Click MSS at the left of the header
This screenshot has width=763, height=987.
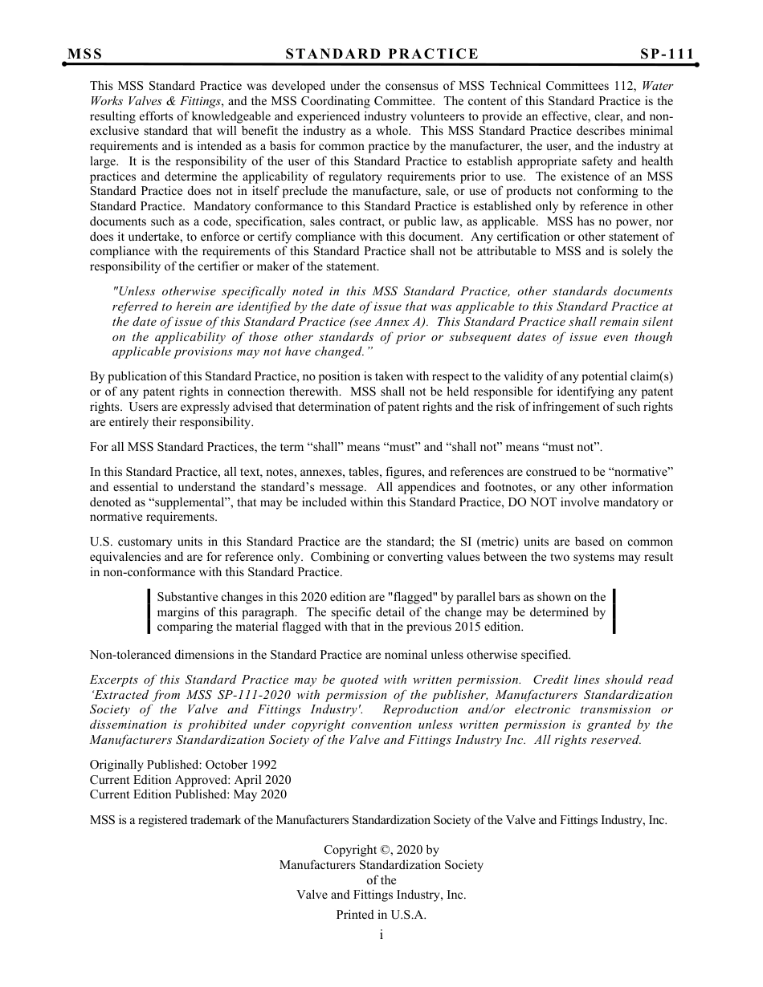[x=84, y=54]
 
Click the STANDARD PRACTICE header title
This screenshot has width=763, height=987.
[x=381, y=54]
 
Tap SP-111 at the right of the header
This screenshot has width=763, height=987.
[x=667, y=54]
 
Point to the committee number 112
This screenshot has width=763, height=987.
[x=663, y=86]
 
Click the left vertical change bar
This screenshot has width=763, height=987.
[x=149, y=611]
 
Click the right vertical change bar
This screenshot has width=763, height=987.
[x=614, y=611]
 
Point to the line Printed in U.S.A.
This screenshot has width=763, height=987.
[x=381, y=915]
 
